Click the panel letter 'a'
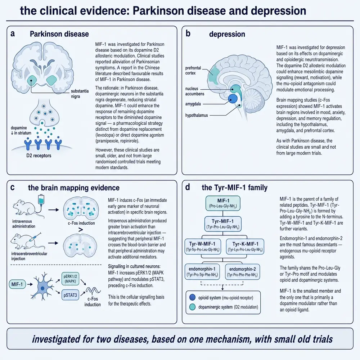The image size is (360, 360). point(13,34)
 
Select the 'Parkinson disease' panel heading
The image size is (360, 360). point(59,34)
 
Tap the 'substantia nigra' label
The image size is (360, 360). point(80,94)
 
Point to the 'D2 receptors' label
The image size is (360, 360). point(39,156)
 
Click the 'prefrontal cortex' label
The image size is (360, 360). point(193,71)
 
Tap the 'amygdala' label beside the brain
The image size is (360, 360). point(193,104)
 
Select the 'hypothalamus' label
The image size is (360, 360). point(197,115)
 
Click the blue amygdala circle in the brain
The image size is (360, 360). point(233,99)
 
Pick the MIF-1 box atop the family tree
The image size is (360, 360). point(223,203)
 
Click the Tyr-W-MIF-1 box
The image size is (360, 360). point(203,247)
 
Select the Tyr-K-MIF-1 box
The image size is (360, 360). point(245,247)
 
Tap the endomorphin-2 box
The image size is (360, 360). point(242,271)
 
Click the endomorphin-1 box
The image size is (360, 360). point(202,271)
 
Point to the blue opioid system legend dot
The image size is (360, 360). point(192,298)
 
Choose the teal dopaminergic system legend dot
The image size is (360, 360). point(192,307)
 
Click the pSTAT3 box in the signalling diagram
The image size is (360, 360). point(70,295)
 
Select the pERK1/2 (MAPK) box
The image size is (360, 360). point(70,279)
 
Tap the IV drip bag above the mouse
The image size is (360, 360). point(41,199)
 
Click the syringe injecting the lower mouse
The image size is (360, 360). point(35,237)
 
